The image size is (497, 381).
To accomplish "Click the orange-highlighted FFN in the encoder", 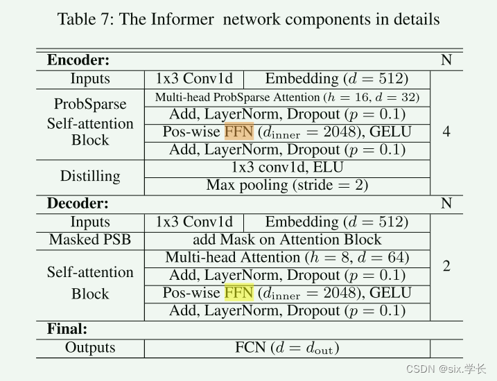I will [x=238, y=132].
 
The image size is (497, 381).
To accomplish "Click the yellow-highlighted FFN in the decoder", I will [x=238, y=293].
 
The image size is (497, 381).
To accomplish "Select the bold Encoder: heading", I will [x=78, y=60].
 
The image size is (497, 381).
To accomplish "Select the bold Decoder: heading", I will [x=78, y=204].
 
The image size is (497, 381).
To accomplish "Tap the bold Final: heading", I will [x=67, y=328].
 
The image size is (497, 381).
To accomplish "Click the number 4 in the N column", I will [x=446, y=132].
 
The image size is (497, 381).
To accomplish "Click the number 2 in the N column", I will [x=446, y=266].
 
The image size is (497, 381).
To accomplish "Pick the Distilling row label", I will [x=90, y=176].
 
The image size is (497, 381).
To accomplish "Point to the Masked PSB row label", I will [x=90, y=240].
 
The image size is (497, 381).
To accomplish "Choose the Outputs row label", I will [x=90, y=348].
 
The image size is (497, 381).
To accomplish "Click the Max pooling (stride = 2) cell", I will [x=287, y=185].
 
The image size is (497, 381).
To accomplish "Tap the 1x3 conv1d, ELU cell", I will [x=287, y=167].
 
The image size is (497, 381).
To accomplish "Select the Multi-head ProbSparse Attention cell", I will [x=287, y=97].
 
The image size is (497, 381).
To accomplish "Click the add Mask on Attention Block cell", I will [x=287, y=240].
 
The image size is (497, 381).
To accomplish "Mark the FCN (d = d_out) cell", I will [x=287, y=348].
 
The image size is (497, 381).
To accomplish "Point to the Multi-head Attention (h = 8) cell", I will [x=287, y=258].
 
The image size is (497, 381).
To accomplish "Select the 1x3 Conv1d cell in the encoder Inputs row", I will [x=194, y=79].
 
